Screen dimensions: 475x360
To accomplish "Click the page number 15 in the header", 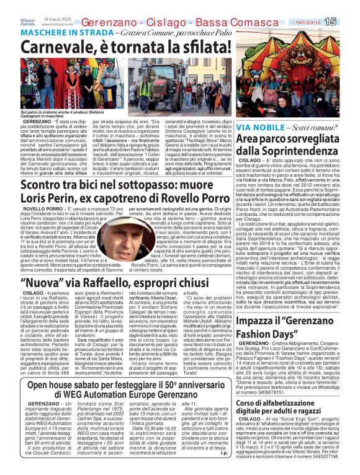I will tap(347, 21).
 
